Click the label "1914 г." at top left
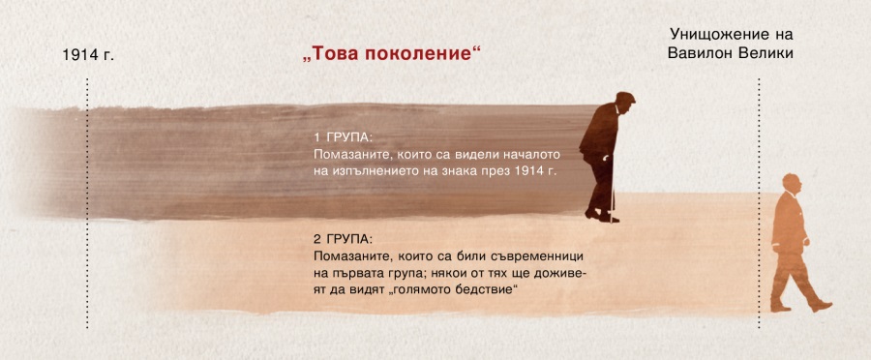87,55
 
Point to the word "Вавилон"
704,53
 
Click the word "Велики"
768,53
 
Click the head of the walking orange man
790,182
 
